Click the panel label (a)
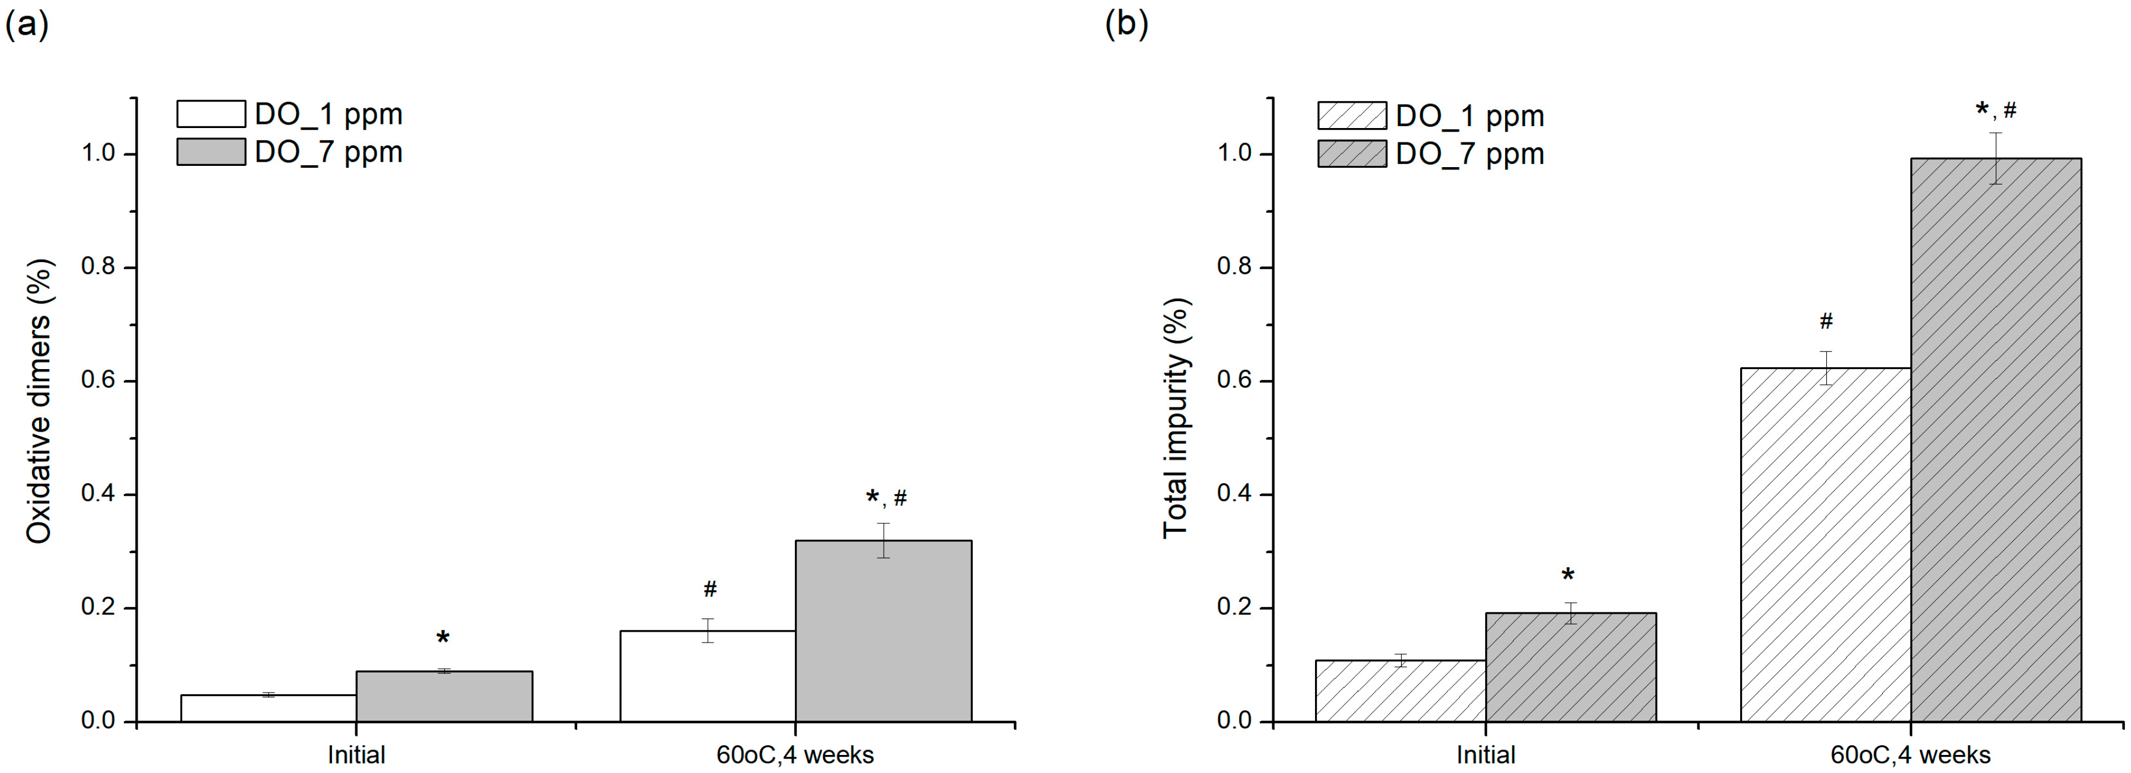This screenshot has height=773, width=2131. pyautogui.click(x=26, y=25)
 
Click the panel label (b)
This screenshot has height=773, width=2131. pyautogui.click(x=1127, y=25)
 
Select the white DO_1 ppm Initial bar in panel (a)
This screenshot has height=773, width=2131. pyautogui.click(x=268, y=709)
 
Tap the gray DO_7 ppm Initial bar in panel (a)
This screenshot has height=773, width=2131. pyautogui.click(x=444, y=697)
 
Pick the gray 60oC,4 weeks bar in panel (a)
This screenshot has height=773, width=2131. pyautogui.click(x=883, y=632)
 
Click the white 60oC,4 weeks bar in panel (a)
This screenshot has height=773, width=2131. pyautogui.click(x=707, y=676)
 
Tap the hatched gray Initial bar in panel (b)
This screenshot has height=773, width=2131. pyautogui.click(x=1570, y=667)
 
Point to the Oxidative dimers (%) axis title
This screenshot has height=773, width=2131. pyautogui.click(x=39, y=401)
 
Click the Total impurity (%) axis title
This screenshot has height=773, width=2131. pyautogui.click(x=1176, y=418)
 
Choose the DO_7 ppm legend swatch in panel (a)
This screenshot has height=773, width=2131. pyautogui.click(x=211, y=152)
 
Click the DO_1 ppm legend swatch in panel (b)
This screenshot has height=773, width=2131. pyautogui.click(x=1352, y=116)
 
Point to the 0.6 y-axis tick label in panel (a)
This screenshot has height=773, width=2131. pyautogui.click(x=99, y=381)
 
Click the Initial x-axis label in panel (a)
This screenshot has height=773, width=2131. pyautogui.click(x=356, y=755)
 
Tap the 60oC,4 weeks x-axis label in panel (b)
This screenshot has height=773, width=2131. pyautogui.click(x=1910, y=755)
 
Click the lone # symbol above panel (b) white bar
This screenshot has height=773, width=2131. pyautogui.click(x=1826, y=321)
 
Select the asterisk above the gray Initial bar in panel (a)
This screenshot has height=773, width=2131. pyautogui.click(x=443, y=637)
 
